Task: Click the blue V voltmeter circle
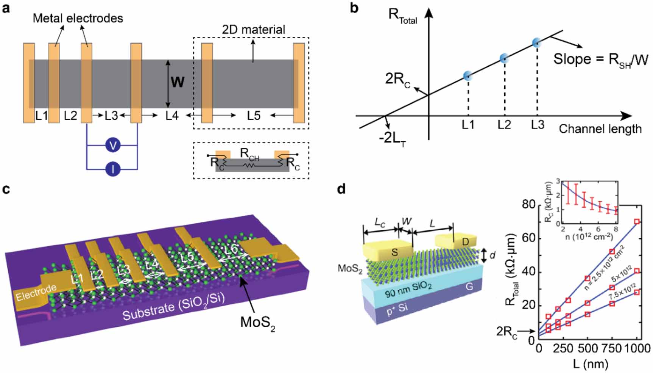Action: pyautogui.click(x=113, y=145)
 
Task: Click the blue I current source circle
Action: pyautogui.click(x=113, y=169)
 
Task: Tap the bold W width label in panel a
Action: pyautogui.click(x=178, y=81)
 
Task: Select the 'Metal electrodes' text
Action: pyautogui.click(x=78, y=18)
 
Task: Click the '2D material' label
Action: pyautogui.click(x=253, y=30)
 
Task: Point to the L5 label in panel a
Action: pyautogui.click(x=254, y=116)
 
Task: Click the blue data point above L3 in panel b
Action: pyautogui.click(x=536, y=43)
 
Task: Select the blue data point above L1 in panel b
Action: pyautogui.click(x=468, y=76)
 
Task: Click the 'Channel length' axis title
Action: pyautogui.click(x=600, y=129)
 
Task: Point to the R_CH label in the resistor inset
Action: pyautogui.click(x=249, y=154)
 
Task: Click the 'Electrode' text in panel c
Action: pyautogui.click(x=36, y=293)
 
